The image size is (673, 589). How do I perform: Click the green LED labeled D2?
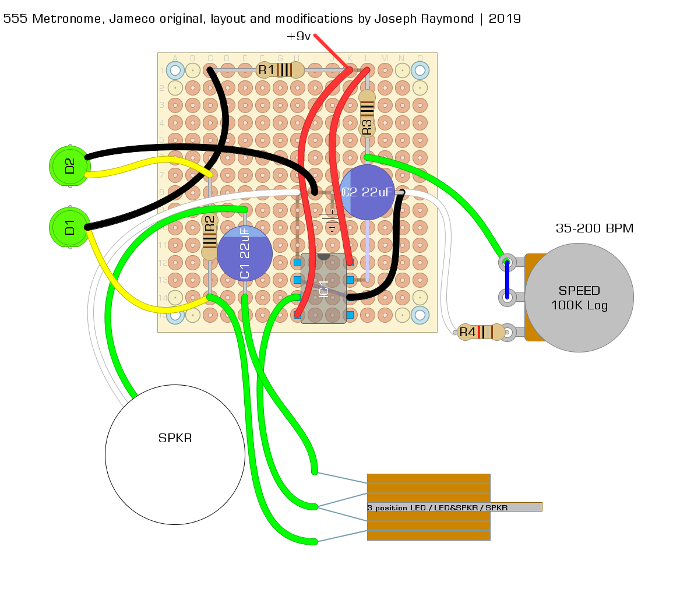pyautogui.click(x=69, y=166)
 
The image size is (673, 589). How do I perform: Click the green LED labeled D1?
pyautogui.click(x=69, y=227)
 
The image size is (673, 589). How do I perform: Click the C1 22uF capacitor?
pyautogui.click(x=245, y=253)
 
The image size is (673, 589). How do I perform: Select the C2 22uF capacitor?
pyautogui.click(x=368, y=192)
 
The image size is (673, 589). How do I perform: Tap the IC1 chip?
pyautogui.click(x=324, y=288)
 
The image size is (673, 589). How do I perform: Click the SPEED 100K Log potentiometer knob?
pyautogui.click(x=579, y=298)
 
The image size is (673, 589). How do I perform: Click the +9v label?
pyautogui.click(x=298, y=36)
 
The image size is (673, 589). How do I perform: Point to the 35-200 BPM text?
pyautogui.click(x=594, y=228)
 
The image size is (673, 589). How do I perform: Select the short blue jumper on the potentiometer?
pyautogui.click(x=507, y=280)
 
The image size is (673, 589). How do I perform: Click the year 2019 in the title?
pyautogui.click(x=505, y=19)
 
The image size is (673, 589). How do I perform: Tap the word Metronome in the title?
pyautogui.click(x=61, y=19)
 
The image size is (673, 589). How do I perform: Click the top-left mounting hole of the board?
pyautogui.click(x=175, y=70)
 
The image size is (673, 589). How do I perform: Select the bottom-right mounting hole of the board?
pyautogui.click(x=420, y=315)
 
